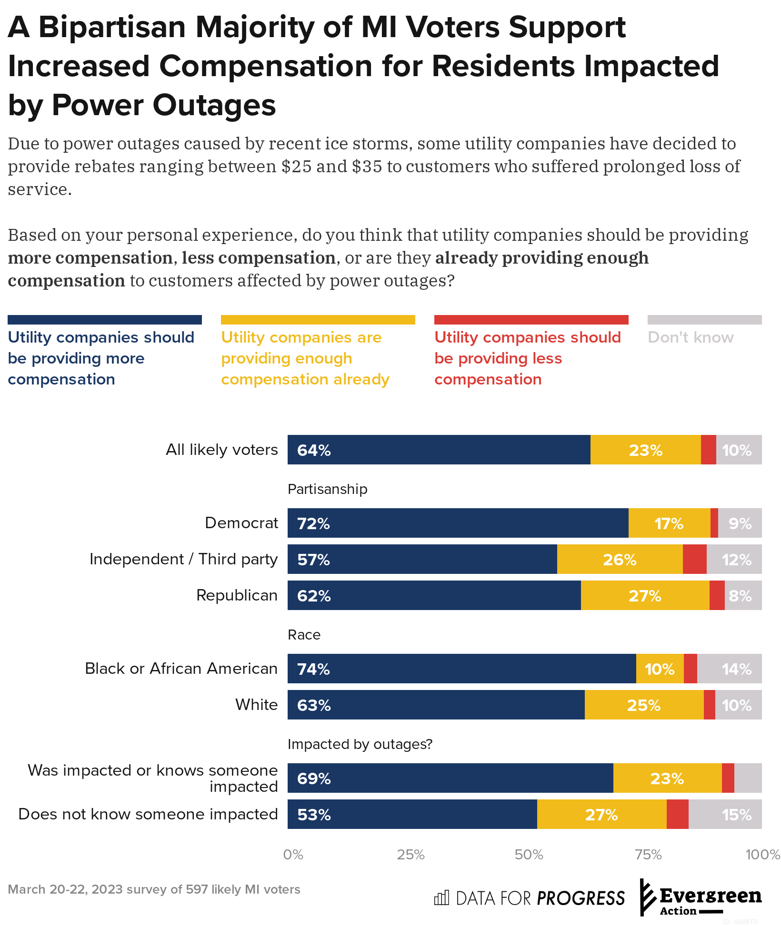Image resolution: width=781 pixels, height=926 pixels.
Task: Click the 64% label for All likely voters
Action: point(314,450)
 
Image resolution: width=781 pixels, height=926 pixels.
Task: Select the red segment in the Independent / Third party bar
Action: point(694,559)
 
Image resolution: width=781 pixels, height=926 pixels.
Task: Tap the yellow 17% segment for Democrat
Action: point(669,523)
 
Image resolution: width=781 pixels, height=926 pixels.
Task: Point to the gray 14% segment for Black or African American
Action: point(730,669)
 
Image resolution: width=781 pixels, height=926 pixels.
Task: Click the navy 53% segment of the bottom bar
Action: point(412,814)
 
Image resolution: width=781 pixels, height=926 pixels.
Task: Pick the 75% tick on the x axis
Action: point(648,855)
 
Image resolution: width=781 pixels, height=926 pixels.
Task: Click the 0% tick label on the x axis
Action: point(293,855)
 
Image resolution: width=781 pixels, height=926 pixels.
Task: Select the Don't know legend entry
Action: point(691,337)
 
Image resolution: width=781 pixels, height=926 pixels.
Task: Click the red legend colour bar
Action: point(531,320)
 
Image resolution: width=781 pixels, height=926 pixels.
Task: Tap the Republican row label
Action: point(237,595)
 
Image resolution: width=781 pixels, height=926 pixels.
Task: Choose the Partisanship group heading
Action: point(328,489)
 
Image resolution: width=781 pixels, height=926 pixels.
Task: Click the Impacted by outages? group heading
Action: point(360,744)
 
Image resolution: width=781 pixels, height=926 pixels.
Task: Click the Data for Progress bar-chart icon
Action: point(441,898)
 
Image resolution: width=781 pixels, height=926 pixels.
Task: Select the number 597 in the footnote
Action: point(196,889)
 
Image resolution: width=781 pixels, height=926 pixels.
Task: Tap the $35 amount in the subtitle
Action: point(367,167)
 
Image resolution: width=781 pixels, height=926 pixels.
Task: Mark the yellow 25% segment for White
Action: point(644,705)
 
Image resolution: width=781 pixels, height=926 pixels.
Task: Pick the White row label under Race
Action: point(256,705)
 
